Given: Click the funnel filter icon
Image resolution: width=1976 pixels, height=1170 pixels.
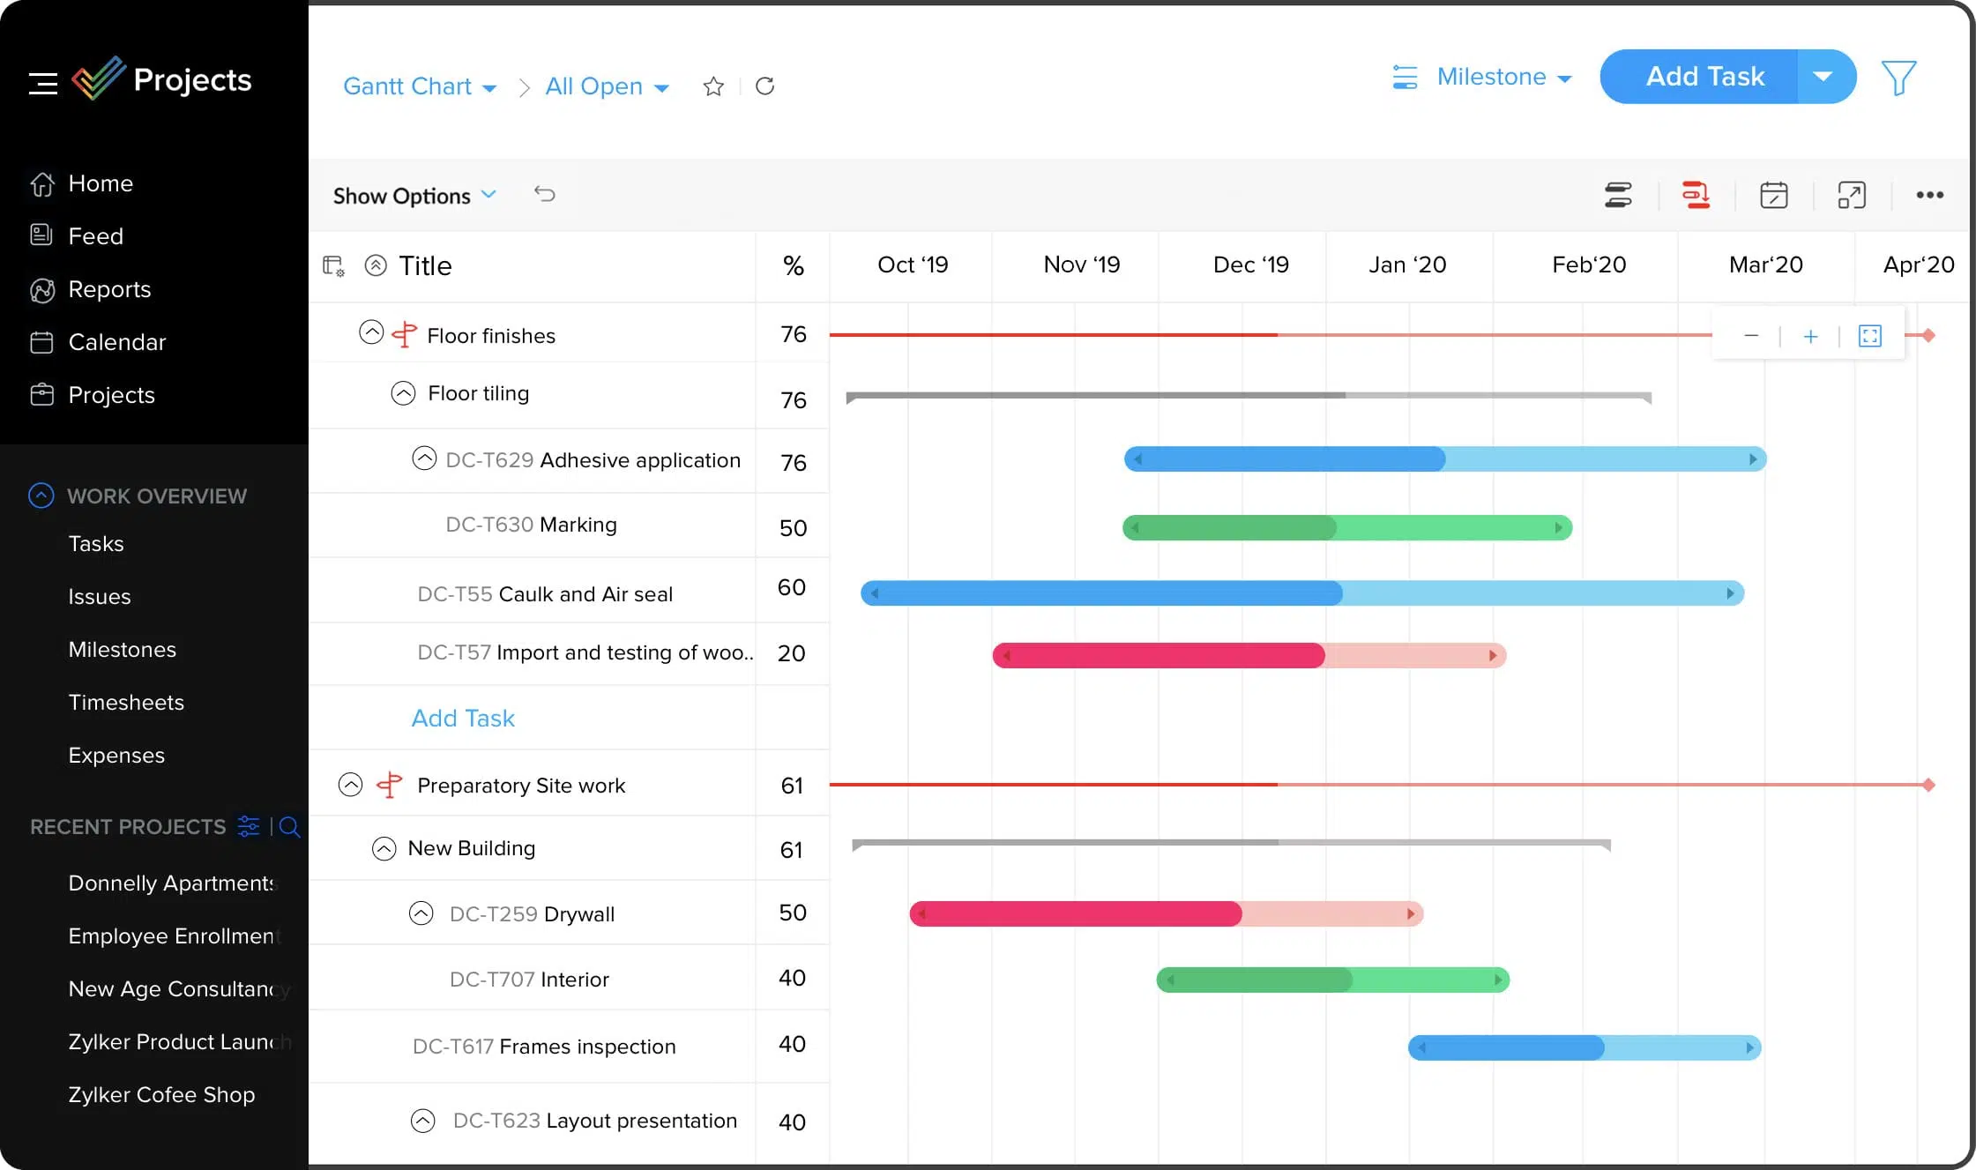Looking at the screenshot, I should click(1898, 78).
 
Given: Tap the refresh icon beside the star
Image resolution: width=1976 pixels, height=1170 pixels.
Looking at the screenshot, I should click(764, 86).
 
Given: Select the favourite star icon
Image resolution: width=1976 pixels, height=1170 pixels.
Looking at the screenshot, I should click(713, 86).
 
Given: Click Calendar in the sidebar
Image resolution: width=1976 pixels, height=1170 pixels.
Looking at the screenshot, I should click(116, 342).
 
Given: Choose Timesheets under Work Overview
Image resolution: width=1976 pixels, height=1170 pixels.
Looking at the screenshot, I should click(126, 703).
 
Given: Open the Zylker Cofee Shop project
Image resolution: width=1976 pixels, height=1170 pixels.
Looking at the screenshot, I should click(161, 1094).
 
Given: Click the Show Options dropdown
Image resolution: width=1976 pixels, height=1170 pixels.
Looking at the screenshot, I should click(414, 195).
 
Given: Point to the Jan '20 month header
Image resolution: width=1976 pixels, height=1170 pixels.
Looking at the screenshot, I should click(1407, 265).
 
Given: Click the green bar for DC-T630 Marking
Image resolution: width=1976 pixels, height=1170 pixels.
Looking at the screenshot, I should click(1346, 527).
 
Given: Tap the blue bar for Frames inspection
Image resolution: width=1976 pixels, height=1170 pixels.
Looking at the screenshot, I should click(1585, 1047).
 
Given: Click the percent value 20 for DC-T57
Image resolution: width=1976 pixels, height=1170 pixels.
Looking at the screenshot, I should click(791, 653).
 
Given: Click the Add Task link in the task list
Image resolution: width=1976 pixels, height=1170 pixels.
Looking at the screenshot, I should click(463, 718).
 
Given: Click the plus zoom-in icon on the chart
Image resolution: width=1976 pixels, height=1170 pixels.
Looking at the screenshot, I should click(1810, 336).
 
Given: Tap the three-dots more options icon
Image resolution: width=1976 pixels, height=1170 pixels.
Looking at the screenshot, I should click(1929, 195).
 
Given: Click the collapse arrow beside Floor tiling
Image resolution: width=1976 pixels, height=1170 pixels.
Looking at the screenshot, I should click(403, 393).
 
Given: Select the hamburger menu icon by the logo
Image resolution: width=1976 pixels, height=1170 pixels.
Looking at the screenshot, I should click(42, 83).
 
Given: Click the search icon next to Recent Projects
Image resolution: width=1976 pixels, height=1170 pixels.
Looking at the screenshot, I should click(289, 827).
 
